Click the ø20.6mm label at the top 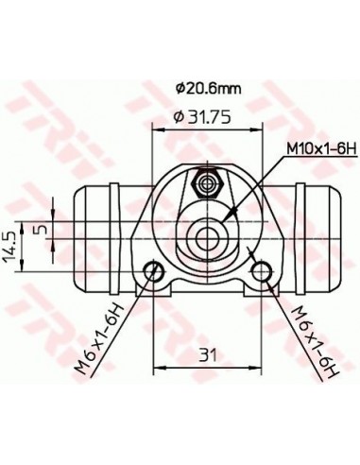pyautogui.click(x=208, y=89)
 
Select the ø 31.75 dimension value pyautogui.click(x=198, y=118)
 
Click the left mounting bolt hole pyautogui.click(x=152, y=274)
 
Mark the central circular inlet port pyautogui.click(x=207, y=232)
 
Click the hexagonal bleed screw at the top pyautogui.click(x=207, y=177)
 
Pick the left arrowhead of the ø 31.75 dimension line pyautogui.click(x=156, y=129)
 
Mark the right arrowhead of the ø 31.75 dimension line pyautogui.click(x=260, y=129)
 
